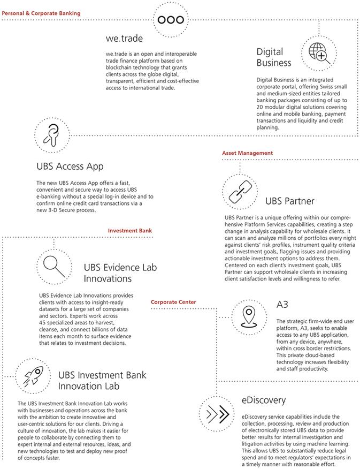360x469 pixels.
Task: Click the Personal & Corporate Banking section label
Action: pyautogui.click(x=41, y=12)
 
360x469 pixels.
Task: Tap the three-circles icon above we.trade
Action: pyautogui.click(x=171, y=19)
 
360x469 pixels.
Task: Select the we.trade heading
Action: pyautogui.click(x=125, y=39)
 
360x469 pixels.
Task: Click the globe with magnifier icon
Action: pyautogui.click(x=317, y=52)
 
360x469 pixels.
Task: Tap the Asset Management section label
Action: pyautogui.click(x=247, y=153)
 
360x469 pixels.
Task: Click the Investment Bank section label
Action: pyautogui.click(x=130, y=230)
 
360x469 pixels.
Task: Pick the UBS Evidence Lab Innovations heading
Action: pyautogui.click(x=115, y=273)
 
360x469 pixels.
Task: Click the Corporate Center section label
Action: pyautogui.click(x=173, y=302)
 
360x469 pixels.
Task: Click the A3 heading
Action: pyautogui.click(x=283, y=305)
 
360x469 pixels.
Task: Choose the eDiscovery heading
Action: pyautogui.click(x=264, y=400)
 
